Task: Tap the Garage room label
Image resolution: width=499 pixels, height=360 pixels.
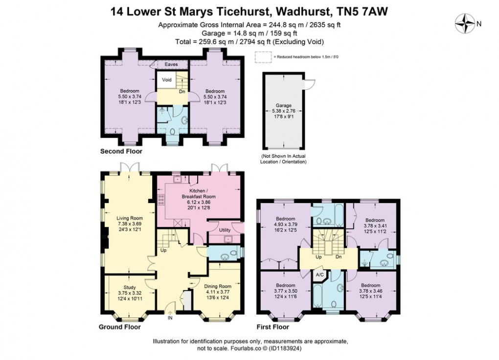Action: (283, 105)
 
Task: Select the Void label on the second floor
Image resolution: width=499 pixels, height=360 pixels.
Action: (166, 80)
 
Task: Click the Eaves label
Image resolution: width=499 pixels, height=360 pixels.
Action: (171, 64)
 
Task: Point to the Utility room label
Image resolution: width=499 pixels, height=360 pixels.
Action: (225, 229)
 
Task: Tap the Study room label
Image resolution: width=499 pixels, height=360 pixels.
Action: (130, 287)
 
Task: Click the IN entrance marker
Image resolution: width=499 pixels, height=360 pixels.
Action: (170, 318)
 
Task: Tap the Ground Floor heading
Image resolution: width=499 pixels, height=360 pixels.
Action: (119, 327)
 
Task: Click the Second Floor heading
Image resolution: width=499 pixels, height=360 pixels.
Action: (121, 152)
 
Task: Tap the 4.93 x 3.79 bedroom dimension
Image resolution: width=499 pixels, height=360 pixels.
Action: (285, 225)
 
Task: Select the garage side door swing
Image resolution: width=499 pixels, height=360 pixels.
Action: (307, 84)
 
